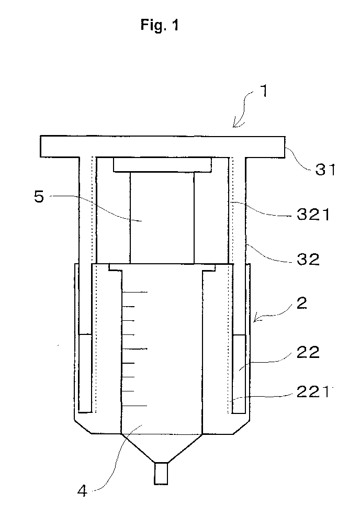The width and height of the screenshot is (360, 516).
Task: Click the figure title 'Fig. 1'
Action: [160, 25]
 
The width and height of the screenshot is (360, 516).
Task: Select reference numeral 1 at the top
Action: [263, 91]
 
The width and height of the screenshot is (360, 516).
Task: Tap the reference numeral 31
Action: [325, 170]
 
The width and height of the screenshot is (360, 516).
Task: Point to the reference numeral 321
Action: [313, 215]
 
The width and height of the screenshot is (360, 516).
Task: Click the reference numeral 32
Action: [308, 260]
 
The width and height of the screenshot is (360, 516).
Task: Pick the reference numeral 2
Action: [302, 303]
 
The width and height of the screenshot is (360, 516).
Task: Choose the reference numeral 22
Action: [308, 352]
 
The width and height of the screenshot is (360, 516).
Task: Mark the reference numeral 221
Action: [313, 392]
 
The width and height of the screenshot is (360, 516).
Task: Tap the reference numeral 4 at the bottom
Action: [82, 491]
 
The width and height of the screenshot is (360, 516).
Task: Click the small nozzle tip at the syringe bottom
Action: [161, 474]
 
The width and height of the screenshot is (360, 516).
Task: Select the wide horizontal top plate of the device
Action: [163, 147]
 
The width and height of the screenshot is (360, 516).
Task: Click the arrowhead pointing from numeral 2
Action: [257, 318]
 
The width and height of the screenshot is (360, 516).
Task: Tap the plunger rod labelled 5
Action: [162, 218]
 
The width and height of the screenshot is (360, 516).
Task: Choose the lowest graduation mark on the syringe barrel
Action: [134, 406]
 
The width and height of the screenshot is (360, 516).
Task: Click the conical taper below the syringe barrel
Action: [161, 448]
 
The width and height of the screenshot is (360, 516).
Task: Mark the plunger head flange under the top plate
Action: [162, 164]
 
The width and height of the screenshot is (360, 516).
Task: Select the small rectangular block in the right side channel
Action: [239, 374]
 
